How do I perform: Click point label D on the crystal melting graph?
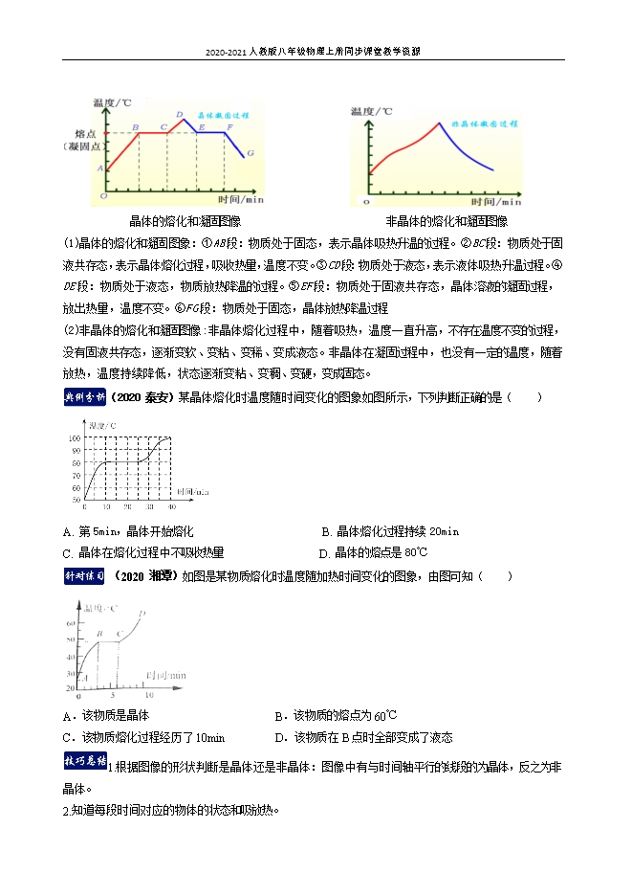180,115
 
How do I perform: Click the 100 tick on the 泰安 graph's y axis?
76,437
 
